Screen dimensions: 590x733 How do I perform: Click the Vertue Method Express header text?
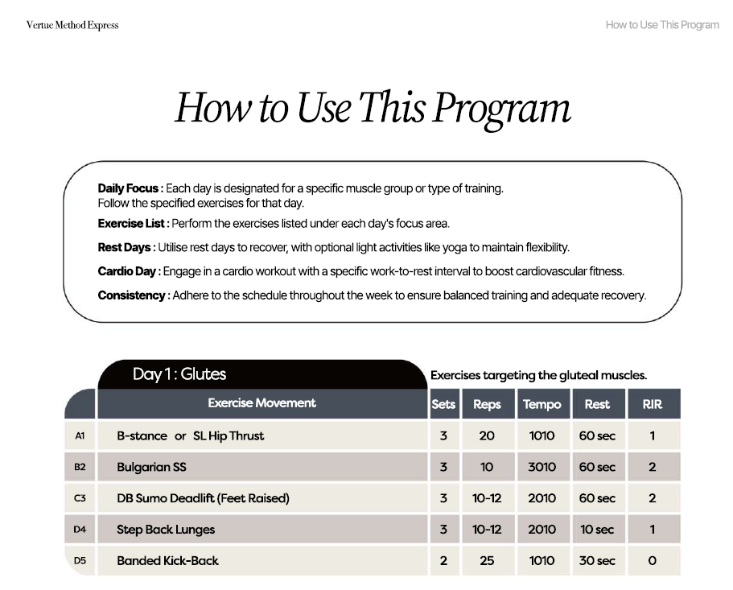pos(72,25)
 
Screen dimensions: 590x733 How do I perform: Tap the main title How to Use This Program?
pos(373,108)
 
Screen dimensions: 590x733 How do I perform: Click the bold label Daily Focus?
pos(128,188)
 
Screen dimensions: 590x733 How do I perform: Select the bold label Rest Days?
pos(125,247)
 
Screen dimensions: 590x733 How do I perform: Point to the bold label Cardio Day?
pos(127,271)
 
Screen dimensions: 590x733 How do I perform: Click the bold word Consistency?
pos(132,295)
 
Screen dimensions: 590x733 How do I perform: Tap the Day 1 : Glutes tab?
pos(179,373)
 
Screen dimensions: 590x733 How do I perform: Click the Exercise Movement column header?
pos(261,403)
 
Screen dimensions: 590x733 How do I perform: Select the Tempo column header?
pos(542,404)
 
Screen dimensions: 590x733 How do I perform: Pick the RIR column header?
pos(652,404)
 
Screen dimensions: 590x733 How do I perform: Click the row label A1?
pos(80,435)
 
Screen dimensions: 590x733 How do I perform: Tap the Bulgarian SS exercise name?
pos(151,467)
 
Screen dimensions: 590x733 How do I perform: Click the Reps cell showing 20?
pos(487,435)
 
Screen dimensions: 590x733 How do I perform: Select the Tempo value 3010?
pos(542,467)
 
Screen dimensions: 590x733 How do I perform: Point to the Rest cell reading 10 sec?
pos(596,530)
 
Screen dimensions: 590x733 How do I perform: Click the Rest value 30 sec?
pos(596,560)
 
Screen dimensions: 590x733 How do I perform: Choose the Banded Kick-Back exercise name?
pos(167,560)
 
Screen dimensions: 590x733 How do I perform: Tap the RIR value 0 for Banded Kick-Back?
pos(652,560)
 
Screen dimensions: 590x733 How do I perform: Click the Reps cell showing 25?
pos(487,560)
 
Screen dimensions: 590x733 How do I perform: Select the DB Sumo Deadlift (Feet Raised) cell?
pos(203,498)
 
